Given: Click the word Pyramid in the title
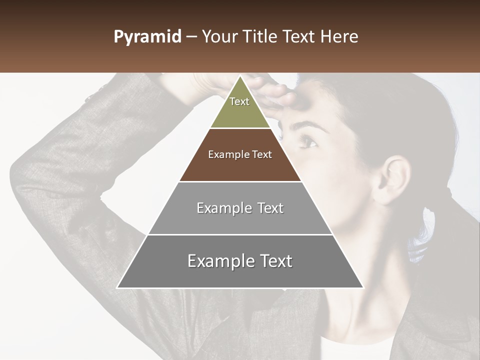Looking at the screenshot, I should coord(147,37).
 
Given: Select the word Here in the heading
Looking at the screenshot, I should coord(339,37).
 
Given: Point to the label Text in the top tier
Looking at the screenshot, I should coord(239,101).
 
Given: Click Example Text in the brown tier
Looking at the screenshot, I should coord(240,154).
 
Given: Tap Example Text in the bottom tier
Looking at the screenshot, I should coord(240,261).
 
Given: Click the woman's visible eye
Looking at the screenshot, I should coord(308,143).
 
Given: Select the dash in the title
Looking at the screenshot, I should coord(191,37).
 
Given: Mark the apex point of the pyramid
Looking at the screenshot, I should coord(240,76).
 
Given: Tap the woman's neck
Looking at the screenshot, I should coord(360,295).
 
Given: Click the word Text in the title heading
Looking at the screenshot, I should coord(299,37).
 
